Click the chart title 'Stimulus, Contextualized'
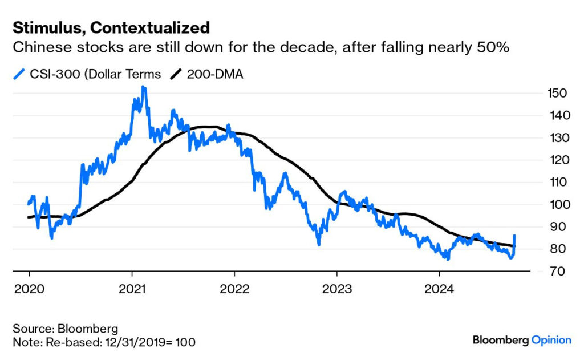111,27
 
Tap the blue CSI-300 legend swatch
19,74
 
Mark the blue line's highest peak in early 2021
143,87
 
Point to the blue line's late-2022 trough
319,244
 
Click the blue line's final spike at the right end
515,235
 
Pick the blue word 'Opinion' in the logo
551,340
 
